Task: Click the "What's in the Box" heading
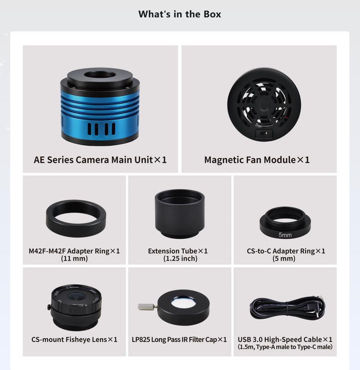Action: pos(180,14)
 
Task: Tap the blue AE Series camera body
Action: pos(100,107)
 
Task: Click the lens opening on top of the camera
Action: pos(100,75)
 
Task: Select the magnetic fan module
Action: pos(264,105)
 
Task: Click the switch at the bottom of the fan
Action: pos(264,133)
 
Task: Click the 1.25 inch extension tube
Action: pos(180,214)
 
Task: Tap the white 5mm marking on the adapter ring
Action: pos(285,235)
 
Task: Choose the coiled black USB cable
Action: pos(287,307)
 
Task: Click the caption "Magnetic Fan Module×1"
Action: pos(257,160)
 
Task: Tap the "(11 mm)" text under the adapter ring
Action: pos(74,258)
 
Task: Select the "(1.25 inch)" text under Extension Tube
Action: pos(180,258)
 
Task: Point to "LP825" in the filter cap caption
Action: pos(141,339)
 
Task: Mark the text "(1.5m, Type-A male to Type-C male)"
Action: pos(285,347)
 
